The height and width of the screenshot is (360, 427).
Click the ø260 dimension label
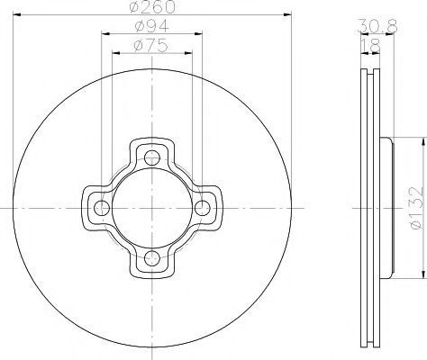tap(152, 6)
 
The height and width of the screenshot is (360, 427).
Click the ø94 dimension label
tap(152, 26)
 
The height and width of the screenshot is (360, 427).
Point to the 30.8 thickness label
tap(377, 26)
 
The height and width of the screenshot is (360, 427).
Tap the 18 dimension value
tap(370, 46)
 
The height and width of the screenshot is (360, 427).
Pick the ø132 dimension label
tap(416, 208)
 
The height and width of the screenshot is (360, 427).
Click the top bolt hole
tap(152, 157)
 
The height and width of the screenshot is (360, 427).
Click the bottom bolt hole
tap(152, 258)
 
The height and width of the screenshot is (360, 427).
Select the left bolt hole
tap(102, 208)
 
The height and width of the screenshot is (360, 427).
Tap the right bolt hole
tap(203, 208)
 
